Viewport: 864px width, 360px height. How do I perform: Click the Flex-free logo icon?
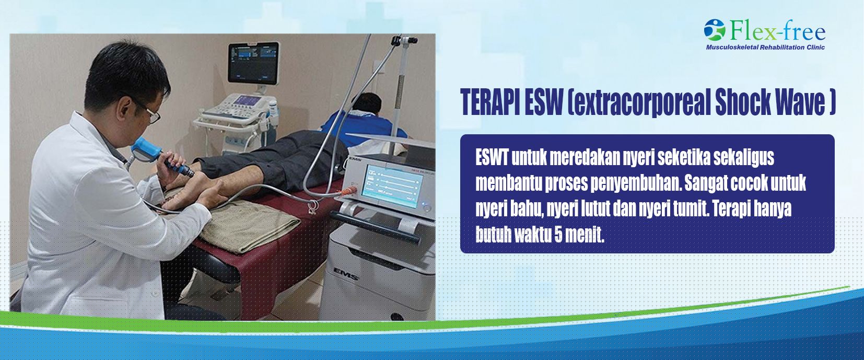pyautogui.click(x=715, y=30)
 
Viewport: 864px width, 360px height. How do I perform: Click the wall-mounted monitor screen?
pyautogui.click(x=253, y=63)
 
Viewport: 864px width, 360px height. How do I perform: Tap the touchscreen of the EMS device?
pyautogui.click(x=391, y=187)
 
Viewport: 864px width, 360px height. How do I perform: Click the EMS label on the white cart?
pyautogui.click(x=346, y=273)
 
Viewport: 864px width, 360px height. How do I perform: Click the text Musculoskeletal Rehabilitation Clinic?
pyautogui.click(x=765, y=48)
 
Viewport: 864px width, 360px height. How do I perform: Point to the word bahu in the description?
pyautogui.click(x=523, y=209)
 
